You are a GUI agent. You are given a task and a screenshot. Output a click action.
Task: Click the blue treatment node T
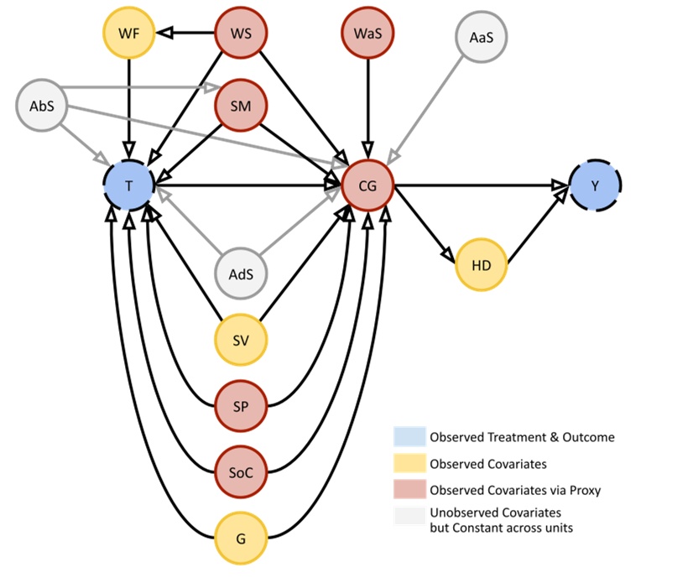pos(128,186)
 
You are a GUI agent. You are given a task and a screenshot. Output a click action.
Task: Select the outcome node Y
pos(595,186)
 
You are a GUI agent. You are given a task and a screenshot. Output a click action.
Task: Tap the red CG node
pos(367,186)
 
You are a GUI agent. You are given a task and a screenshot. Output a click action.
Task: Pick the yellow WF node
pos(128,34)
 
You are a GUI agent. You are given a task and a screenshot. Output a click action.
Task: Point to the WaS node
pos(367,34)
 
